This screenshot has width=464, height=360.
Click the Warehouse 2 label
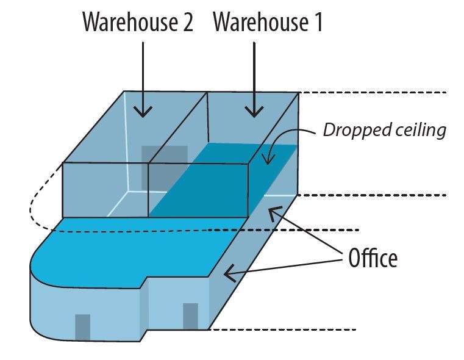138,22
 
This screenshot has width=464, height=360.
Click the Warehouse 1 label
268,22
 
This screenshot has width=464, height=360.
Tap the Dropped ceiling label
384,130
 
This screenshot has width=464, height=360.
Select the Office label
373,258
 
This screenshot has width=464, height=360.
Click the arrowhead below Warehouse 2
143,112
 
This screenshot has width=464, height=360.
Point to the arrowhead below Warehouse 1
254,112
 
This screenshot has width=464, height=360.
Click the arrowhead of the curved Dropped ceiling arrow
268,159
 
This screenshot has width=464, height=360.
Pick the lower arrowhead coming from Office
230,273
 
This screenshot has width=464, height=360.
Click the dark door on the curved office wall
82,328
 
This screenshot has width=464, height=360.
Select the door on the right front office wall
191,316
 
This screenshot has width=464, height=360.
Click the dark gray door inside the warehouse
165,168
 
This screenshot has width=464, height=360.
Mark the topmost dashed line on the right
373,93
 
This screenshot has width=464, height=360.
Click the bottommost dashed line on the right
282,329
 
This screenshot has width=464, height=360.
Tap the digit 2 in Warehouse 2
188,23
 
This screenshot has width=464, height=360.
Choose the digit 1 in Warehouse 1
319,23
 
